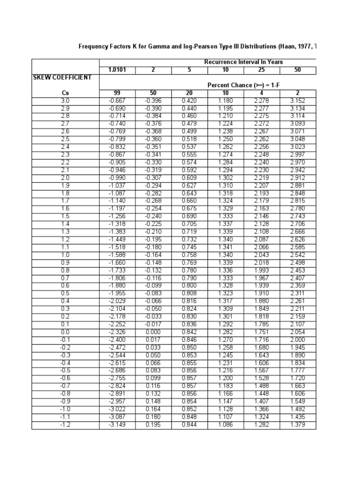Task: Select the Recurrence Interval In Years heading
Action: point(243,62)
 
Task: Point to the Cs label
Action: point(65,93)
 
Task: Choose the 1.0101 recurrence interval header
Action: point(118,70)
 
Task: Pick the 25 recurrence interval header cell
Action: point(262,70)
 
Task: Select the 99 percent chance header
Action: point(118,93)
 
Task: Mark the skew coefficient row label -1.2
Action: point(65,425)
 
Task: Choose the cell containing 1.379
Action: point(298,425)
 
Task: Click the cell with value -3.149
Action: point(118,425)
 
